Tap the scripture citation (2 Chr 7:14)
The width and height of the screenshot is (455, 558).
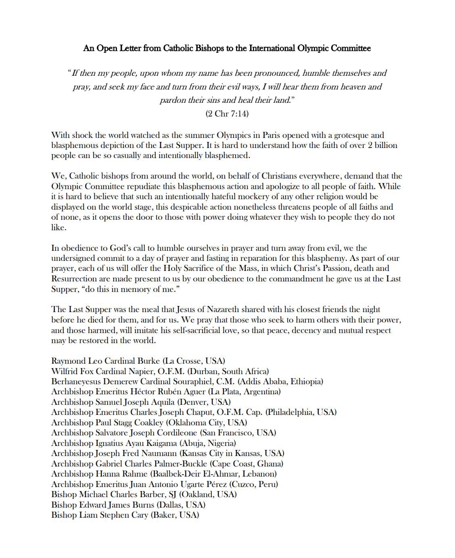(x=227, y=114)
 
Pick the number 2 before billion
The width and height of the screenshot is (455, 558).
(x=370, y=145)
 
